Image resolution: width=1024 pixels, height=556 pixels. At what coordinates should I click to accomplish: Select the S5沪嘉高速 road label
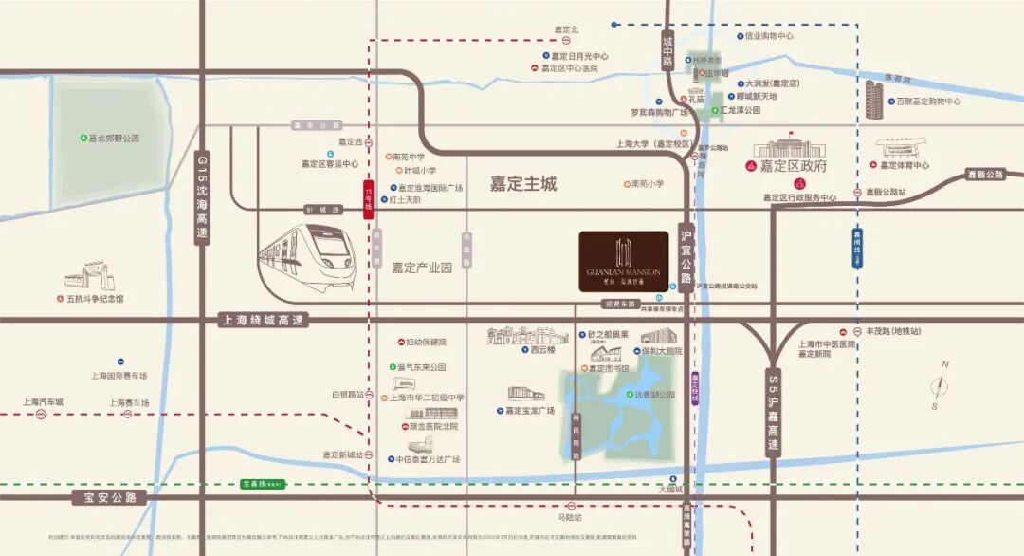click(774, 414)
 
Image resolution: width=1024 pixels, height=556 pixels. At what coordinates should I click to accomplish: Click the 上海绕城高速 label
click(262, 321)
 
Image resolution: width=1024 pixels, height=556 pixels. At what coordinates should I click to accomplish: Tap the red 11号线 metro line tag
click(368, 200)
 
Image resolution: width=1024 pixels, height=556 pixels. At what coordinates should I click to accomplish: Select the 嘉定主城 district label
click(522, 184)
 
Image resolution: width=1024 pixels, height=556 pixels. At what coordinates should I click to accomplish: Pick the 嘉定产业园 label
click(422, 268)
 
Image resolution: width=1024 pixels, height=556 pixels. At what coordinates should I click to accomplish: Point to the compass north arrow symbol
click(939, 385)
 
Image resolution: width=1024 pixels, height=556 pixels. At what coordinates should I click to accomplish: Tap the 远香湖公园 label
click(654, 395)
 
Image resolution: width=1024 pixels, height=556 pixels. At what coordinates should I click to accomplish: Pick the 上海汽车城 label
click(43, 402)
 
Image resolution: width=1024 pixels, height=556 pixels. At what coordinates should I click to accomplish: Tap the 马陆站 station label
click(570, 518)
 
